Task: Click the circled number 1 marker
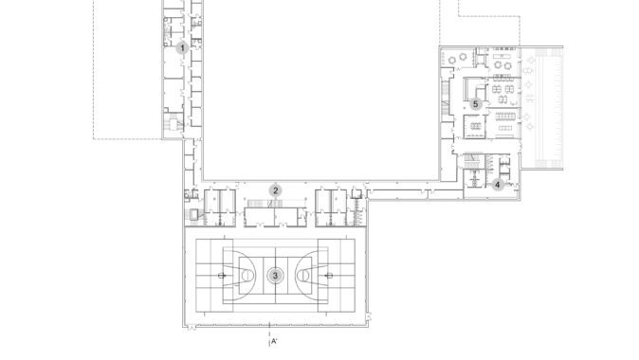pyautogui.click(x=182, y=48)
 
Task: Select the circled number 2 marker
pyautogui.click(x=276, y=190)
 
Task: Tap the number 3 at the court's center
pyautogui.click(x=275, y=276)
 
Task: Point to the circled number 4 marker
pyautogui.click(x=497, y=185)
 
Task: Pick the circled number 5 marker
pyautogui.click(x=475, y=104)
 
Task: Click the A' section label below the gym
pyautogui.click(x=274, y=341)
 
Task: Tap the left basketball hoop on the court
pyautogui.click(x=222, y=276)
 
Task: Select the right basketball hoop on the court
pyautogui.click(x=328, y=276)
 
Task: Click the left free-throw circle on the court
pyautogui.click(x=247, y=276)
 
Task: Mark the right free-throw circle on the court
pyautogui.click(x=302, y=276)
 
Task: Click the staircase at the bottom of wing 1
pyautogui.click(x=173, y=122)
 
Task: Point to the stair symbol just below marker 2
pyautogui.click(x=259, y=203)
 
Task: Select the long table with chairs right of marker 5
pyautogui.click(x=505, y=117)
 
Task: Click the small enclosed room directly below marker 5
pyautogui.click(x=474, y=126)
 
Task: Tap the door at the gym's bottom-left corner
pyautogui.click(x=191, y=327)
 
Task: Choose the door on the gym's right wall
pyautogui.click(x=369, y=316)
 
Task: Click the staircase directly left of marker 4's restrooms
pyautogui.click(x=473, y=160)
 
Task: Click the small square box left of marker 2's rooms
pyautogui.click(x=193, y=215)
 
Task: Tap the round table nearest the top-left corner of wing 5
pyautogui.click(x=452, y=61)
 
